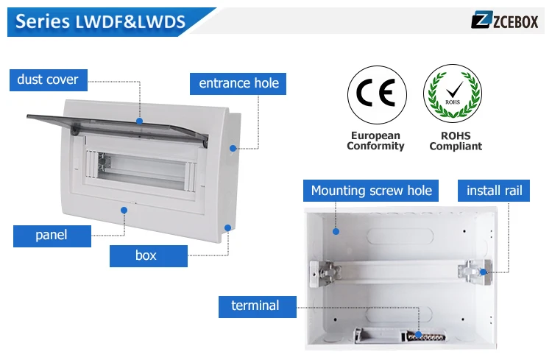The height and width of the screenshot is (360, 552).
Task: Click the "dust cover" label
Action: click(x=49, y=80)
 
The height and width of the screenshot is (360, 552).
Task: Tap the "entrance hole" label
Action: click(x=238, y=83)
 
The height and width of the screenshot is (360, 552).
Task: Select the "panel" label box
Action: click(x=52, y=236)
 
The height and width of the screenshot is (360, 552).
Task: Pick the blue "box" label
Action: click(x=148, y=255)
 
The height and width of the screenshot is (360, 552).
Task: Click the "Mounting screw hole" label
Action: click(x=371, y=191)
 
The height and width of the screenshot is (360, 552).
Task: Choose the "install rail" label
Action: click(x=494, y=191)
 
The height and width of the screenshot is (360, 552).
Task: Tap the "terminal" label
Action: click(x=258, y=306)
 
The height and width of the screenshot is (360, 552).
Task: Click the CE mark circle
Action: click(x=377, y=94)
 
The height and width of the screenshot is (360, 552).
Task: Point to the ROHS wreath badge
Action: click(x=453, y=93)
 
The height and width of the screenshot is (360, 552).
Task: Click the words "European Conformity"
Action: click(x=375, y=141)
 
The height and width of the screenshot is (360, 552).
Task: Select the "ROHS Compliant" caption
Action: click(x=456, y=141)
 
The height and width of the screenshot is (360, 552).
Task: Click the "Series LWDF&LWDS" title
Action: click(x=100, y=21)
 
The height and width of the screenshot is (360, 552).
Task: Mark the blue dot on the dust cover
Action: click(x=139, y=121)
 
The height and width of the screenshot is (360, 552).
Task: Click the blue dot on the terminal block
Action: click(x=418, y=335)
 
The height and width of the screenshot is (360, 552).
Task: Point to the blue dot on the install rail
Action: click(x=484, y=272)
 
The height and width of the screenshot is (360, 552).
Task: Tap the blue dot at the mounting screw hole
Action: click(x=336, y=231)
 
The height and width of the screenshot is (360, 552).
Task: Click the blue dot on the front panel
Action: click(x=124, y=211)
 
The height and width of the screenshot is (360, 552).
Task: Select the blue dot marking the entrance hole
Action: click(x=233, y=148)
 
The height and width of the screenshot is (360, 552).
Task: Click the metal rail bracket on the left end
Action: click(x=325, y=272)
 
